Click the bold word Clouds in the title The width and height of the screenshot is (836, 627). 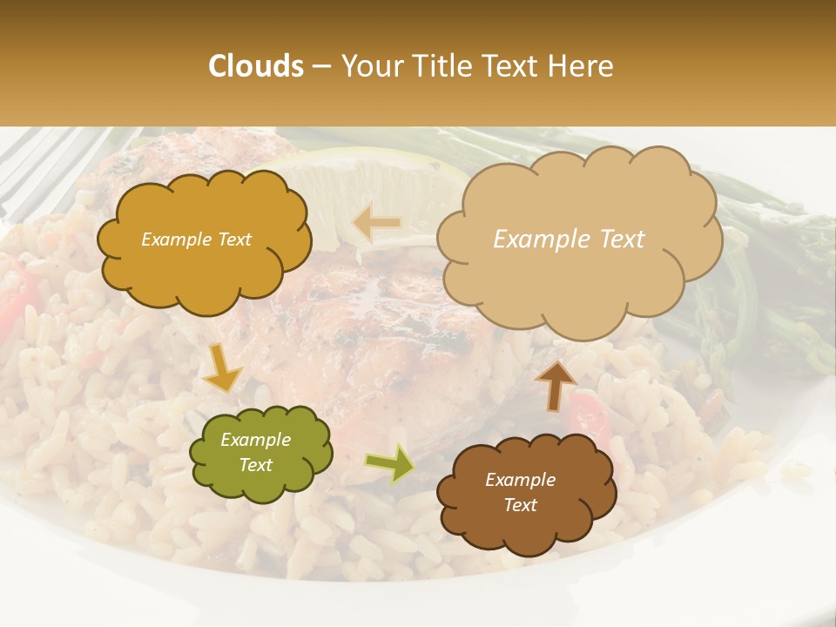click(256, 66)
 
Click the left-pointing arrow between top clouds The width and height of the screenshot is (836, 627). click(376, 223)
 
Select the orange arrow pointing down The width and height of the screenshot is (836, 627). click(222, 370)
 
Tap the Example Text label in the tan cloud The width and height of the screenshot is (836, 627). click(569, 239)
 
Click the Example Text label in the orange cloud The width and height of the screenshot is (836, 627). click(196, 239)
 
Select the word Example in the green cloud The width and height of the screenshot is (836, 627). click(255, 440)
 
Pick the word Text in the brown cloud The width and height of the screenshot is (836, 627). click(520, 505)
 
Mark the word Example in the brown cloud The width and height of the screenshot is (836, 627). click(520, 480)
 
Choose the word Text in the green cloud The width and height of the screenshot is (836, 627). click(255, 465)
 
